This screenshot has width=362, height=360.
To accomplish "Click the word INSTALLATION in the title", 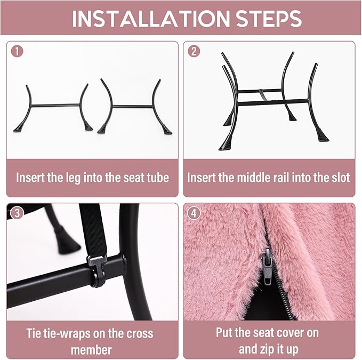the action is pyautogui.click(x=151, y=18).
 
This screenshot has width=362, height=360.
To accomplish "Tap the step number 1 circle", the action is pyautogui.click(x=17, y=51).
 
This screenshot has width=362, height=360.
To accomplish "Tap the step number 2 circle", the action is pyautogui.click(x=194, y=51).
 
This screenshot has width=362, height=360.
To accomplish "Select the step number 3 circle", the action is pyautogui.click(x=17, y=213).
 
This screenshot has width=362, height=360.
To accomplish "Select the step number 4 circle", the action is pyautogui.click(x=194, y=213).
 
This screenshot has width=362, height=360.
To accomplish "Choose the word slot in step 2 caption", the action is pyautogui.click(x=341, y=178).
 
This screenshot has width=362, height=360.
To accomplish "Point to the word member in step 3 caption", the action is pyautogui.click(x=91, y=350).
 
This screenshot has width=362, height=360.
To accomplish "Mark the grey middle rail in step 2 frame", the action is pyautogui.click(x=262, y=95).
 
